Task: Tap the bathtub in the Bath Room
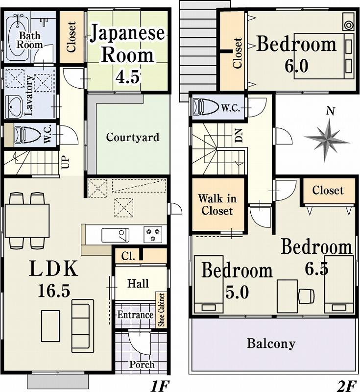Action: point(17,38)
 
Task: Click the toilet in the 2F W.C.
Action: point(206,107)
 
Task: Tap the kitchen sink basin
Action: point(116,235)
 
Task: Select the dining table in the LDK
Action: point(27,220)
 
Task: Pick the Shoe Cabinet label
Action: point(162,310)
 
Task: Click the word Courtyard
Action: point(133,138)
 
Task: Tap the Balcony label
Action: point(271,343)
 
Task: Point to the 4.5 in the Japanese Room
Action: point(127,76)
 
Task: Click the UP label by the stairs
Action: point(65,162)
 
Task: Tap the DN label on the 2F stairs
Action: point(239,135)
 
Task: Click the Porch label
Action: point(142,364)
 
